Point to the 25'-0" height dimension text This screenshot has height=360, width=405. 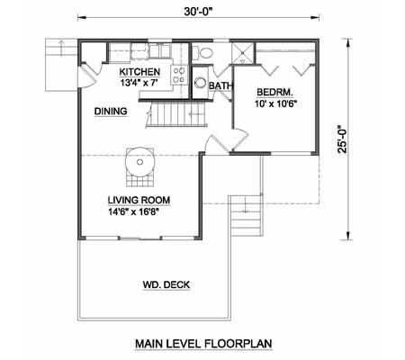342,139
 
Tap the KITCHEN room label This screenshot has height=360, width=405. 139,72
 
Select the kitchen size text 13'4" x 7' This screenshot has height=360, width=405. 139,83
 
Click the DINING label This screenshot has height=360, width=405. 111,112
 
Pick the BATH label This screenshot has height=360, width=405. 220,86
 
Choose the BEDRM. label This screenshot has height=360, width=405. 274,92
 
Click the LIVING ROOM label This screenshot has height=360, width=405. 139,200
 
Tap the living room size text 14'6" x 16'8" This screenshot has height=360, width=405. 133,211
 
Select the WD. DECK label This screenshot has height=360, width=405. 166,284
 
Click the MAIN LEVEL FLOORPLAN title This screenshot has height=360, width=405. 203,344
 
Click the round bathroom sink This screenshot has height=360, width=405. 200,83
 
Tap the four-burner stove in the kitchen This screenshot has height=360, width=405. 179,75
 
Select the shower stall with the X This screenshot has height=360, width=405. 243,53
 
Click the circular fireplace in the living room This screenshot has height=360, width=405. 139,162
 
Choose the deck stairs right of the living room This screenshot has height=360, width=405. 246,215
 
